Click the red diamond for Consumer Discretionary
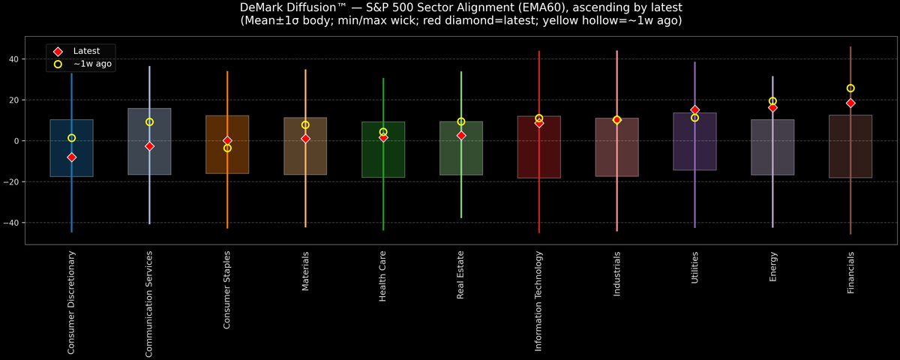71,157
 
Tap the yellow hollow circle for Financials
850,88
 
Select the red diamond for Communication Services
149,146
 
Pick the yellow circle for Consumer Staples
227,148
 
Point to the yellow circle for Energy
772,101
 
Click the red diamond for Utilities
694,110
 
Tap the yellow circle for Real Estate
461,121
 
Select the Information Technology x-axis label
538,301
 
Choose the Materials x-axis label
305,271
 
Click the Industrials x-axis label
616,274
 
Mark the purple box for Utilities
694,150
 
